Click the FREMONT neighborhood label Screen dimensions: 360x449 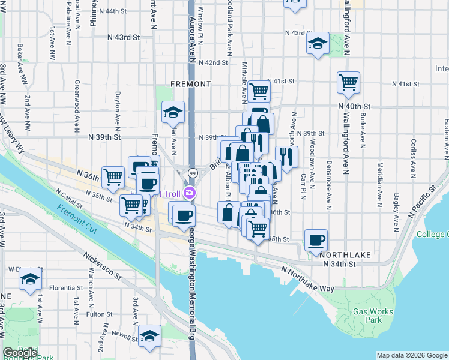(191, 83)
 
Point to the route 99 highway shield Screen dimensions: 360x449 (193, 173)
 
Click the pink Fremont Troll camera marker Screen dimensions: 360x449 (190, 193)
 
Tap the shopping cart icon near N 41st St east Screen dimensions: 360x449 (348, 82)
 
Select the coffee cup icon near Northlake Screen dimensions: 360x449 (316, 240)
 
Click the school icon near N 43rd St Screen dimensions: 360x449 (318, 43)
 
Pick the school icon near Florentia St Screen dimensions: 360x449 (30, 279)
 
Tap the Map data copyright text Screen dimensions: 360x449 (411, 355)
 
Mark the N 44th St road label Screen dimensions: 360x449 (113, 11)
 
